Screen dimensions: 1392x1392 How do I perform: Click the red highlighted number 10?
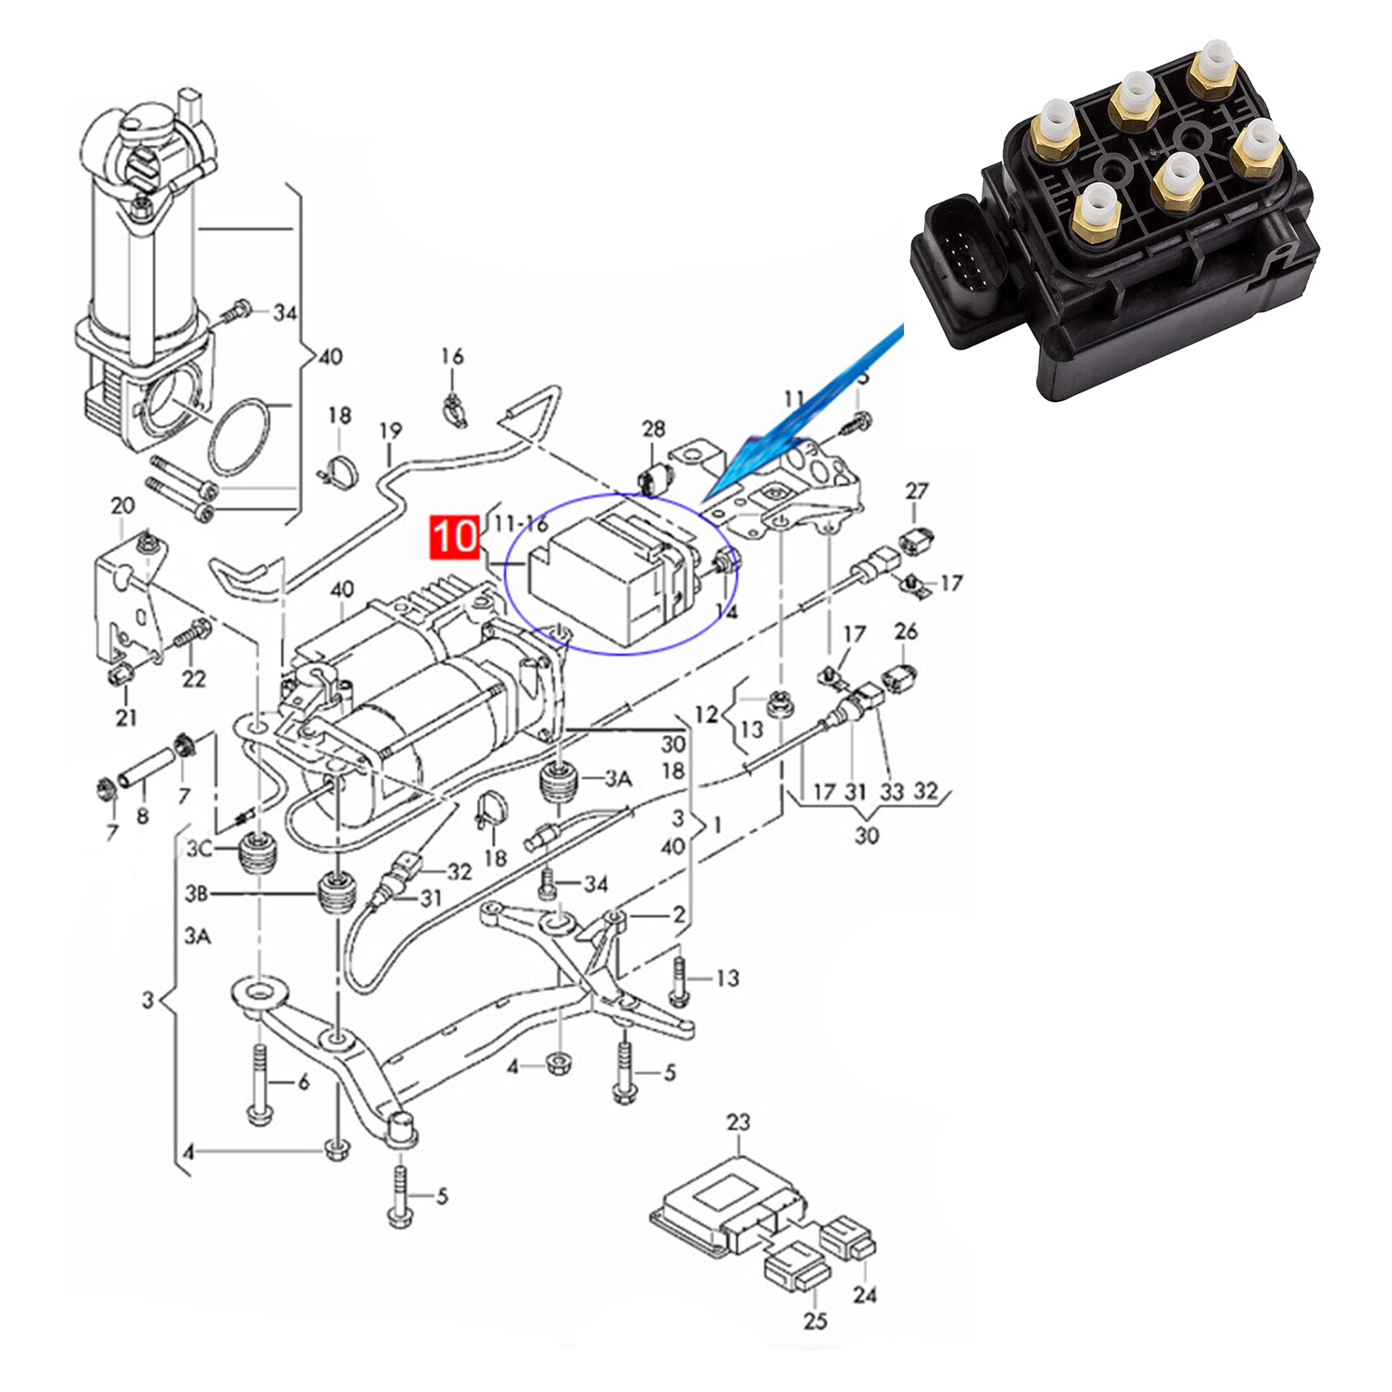tap(454, 536)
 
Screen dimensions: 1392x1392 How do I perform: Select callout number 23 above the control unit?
tap(738, 1122)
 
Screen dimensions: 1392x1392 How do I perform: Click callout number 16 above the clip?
tap(452, 356)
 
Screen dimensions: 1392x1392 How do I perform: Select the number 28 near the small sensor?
tap(653, 428)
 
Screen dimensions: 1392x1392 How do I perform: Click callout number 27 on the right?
tap(917, 492)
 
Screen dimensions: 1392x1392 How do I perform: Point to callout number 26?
tap(906, 631)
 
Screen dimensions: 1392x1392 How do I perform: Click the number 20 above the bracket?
tap(123, 505)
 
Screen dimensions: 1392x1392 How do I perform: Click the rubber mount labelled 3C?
tap(258, 857)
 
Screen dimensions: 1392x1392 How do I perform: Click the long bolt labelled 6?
tap(259, 1084)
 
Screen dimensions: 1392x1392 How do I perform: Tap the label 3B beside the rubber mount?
tap(197, 893)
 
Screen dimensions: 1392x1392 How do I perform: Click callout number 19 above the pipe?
tap(391, 431)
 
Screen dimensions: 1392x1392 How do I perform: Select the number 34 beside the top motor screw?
tap(285, 312)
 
